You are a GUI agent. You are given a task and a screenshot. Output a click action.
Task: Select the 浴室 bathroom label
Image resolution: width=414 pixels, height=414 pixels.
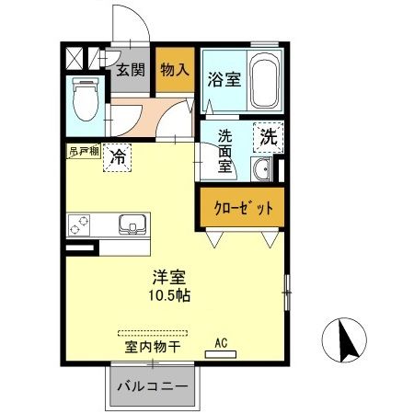[224, 79]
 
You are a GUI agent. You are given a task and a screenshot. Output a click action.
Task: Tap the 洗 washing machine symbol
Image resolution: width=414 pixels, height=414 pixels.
[268, 139]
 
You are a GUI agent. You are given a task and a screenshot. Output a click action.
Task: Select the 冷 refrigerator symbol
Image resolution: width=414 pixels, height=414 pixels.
[118, 157]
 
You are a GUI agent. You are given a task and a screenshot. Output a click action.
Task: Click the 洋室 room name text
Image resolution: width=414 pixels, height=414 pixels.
[166, 275]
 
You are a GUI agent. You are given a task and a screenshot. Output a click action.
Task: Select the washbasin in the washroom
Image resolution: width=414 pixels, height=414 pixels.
[262, 170]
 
